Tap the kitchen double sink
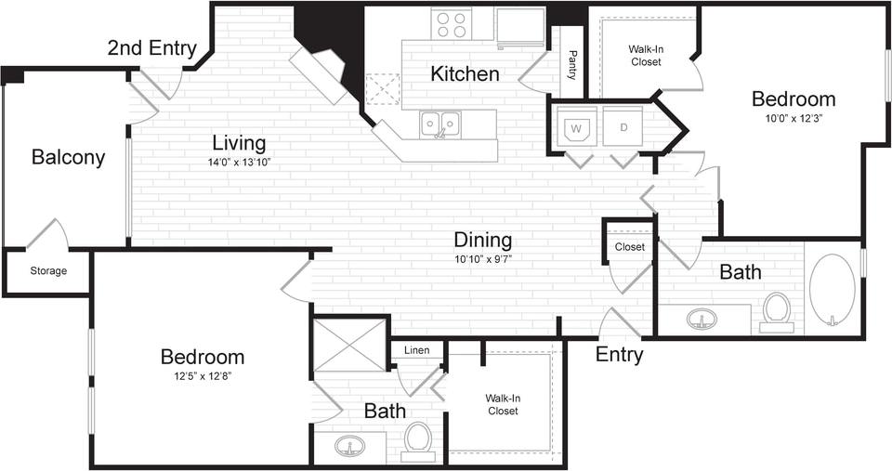[440, 124]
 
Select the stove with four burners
[452, 23]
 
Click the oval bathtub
[832, 288]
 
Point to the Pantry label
[572, 65]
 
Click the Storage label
[48, 271]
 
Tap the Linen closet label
[415, 350]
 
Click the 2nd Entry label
[151, 48]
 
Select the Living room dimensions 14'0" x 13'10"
[239, 163]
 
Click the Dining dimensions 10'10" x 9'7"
[483, 258]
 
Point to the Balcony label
[68, 157]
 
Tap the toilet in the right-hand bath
[776, 311]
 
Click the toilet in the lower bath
[418, 440]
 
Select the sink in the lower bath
[349, 446]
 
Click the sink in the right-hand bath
[702, 321]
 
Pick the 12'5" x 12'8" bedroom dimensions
[202, 376]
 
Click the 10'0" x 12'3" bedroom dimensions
[793, 118]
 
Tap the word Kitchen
[465, 73]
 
